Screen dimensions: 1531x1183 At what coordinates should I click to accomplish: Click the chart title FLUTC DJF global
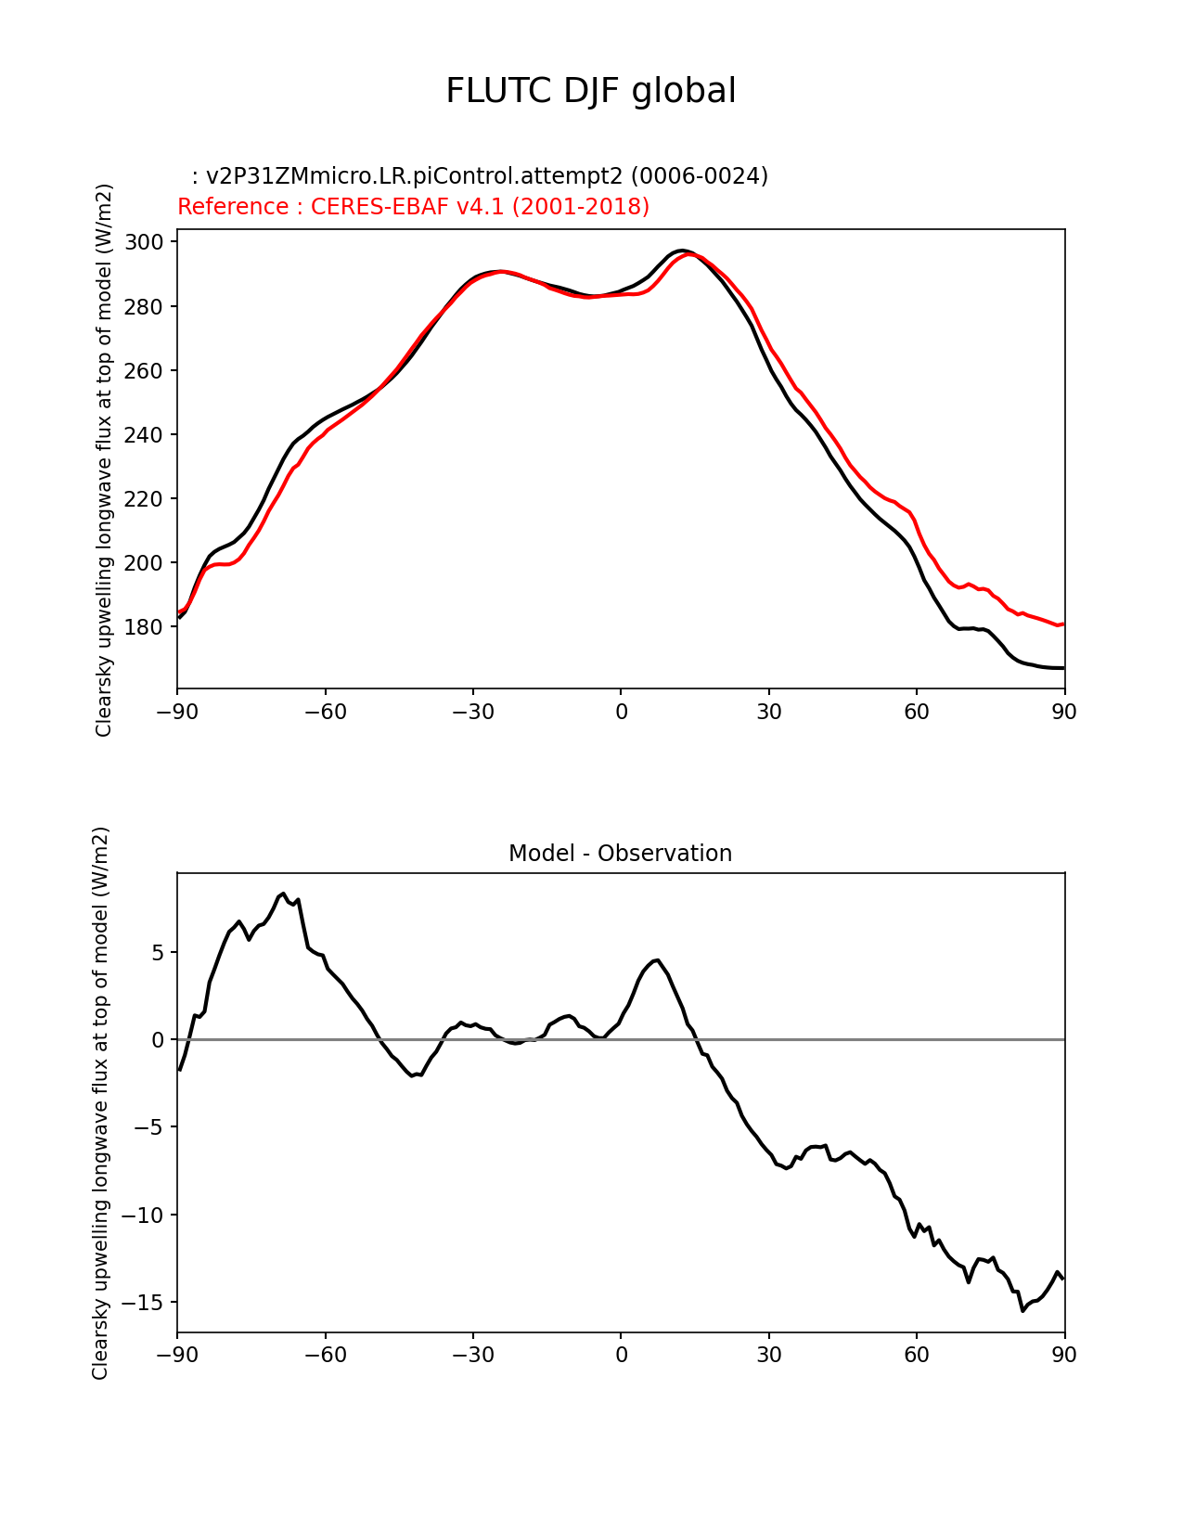pos(591,91)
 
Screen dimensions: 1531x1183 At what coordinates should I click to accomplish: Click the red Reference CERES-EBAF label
pos(413,206)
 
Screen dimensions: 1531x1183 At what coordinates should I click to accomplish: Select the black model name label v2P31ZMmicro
pos(480,175)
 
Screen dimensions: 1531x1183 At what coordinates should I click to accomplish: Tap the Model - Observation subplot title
pos(620,853)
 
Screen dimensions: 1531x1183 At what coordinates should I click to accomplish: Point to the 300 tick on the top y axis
pos(145,242)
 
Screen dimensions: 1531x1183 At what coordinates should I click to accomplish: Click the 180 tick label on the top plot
pos(145,627)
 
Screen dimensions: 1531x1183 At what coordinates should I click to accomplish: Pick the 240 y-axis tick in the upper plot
pos(145,435)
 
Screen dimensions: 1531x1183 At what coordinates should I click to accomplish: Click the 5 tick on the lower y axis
pos(158,953)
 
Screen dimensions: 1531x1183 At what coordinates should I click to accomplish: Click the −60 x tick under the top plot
pos(325,712)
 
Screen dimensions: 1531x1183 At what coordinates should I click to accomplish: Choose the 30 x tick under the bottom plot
pos(768,1355)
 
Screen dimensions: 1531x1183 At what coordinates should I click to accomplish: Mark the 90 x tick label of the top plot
pos(1064,712)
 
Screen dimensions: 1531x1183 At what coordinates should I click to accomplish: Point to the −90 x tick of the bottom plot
pos(177,1355)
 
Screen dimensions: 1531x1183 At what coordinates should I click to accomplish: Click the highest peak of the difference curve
pos(283,894)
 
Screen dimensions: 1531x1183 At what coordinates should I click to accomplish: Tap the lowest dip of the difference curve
pos(1022,1310)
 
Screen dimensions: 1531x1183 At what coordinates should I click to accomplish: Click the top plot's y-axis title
pos(104,459)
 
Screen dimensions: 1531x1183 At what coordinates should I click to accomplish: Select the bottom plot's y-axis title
pos(100,1102)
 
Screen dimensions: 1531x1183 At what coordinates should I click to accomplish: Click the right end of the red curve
pos(1063,624)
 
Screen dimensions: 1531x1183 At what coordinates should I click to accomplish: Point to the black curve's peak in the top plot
pos(682,251)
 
